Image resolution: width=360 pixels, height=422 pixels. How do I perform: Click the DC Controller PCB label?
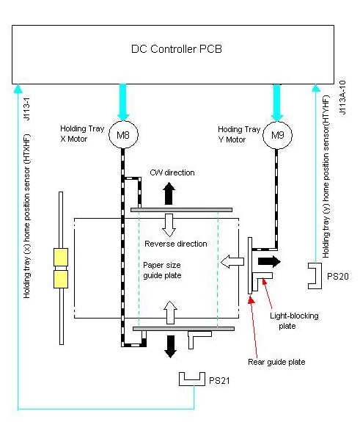(x=177, y=49)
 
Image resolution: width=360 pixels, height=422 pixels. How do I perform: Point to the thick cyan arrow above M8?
(x=123, y=102)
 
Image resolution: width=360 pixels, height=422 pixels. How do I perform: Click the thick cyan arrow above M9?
(x=277, y=103)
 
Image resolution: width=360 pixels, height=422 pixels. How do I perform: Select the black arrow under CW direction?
(x=169, y=193)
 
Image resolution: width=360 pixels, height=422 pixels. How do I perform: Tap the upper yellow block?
(x=61, y=257)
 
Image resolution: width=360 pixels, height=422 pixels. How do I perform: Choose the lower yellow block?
(x=61, y=279)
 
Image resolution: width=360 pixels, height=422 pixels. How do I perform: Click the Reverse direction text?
(x=176, y=244)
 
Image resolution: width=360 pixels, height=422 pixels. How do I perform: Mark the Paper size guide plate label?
(x=162, y=270)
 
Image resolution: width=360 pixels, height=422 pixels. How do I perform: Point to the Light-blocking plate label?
(x=294, y=321)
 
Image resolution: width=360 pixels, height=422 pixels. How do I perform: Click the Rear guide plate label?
(x=276, y=362)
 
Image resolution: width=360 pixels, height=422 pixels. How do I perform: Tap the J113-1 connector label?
(x=26, y=109)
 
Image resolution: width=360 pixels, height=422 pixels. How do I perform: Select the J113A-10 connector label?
(x=342, y=98)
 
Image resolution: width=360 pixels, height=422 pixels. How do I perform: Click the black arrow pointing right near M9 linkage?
(x=269, y=261)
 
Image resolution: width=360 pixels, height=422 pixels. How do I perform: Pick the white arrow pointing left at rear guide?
(x=232, y=261)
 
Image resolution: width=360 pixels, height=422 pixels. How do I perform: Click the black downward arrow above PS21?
(x=170, y=346)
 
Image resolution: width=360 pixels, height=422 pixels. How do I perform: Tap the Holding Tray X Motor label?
(x=82, y=134)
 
